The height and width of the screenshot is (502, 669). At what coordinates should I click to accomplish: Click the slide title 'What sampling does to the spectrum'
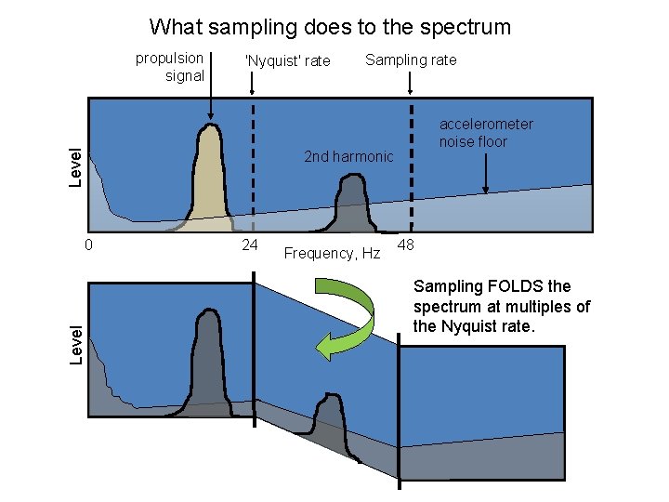point(330,27)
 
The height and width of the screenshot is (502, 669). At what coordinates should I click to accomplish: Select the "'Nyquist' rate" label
point(287,61)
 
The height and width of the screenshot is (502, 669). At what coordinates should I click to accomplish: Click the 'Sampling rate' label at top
point(411,60)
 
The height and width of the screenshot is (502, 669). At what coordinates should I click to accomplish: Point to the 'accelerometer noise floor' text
point(486,133)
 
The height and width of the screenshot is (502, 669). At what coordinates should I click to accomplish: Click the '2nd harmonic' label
point(348,156)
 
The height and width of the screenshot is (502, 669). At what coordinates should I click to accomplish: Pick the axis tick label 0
point(87,245)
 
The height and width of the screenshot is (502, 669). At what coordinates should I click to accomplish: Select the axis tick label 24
point(249,245)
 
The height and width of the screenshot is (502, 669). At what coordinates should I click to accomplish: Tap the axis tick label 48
point(405,245)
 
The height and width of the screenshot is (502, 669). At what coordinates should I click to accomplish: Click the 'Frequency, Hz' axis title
point(332,253)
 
